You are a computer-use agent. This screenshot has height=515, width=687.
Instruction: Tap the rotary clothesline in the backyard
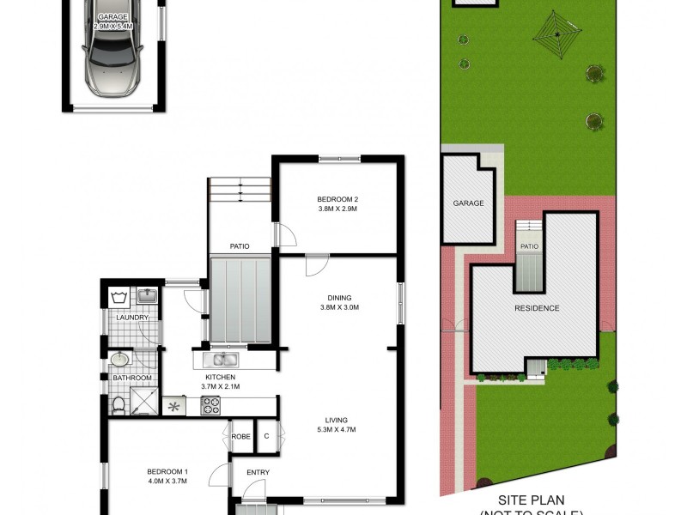pos(557,34)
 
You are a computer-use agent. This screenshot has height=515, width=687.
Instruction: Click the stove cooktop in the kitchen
pos(210,405)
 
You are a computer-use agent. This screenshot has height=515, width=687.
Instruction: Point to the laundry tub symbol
pos(119,298)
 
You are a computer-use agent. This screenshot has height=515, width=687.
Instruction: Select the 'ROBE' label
pos(241,437)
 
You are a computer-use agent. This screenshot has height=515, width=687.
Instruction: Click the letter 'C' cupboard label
pos(267,437)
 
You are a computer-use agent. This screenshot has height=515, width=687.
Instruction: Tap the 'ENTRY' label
pos(258,473)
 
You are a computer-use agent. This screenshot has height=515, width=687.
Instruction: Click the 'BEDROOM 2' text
pos(337,200)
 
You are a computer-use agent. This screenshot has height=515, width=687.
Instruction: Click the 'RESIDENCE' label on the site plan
pos(537,308)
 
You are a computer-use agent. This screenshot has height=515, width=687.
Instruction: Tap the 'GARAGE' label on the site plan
pos(469,203)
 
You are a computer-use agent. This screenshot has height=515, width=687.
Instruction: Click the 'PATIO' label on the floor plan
pos(239,246)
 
